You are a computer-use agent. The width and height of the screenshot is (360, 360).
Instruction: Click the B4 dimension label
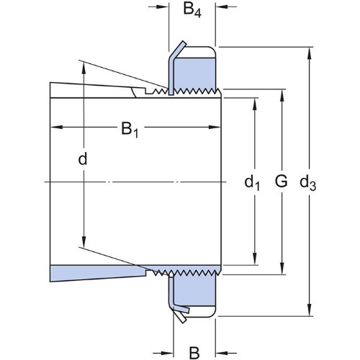[192, 10]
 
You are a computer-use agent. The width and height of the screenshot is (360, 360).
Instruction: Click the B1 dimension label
[130, 130]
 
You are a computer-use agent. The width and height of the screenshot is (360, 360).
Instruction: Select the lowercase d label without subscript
[83, 158]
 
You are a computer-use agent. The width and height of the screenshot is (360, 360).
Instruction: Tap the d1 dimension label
[252, 184]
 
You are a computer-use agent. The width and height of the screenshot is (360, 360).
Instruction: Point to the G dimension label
[281, 181]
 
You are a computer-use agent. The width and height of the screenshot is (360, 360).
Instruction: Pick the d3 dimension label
[308, 184]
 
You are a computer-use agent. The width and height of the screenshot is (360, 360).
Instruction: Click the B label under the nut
[194, 353]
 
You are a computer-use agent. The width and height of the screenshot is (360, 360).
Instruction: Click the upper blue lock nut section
[194, 73]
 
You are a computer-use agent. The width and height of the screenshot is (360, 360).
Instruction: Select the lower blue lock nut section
[194, 291]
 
